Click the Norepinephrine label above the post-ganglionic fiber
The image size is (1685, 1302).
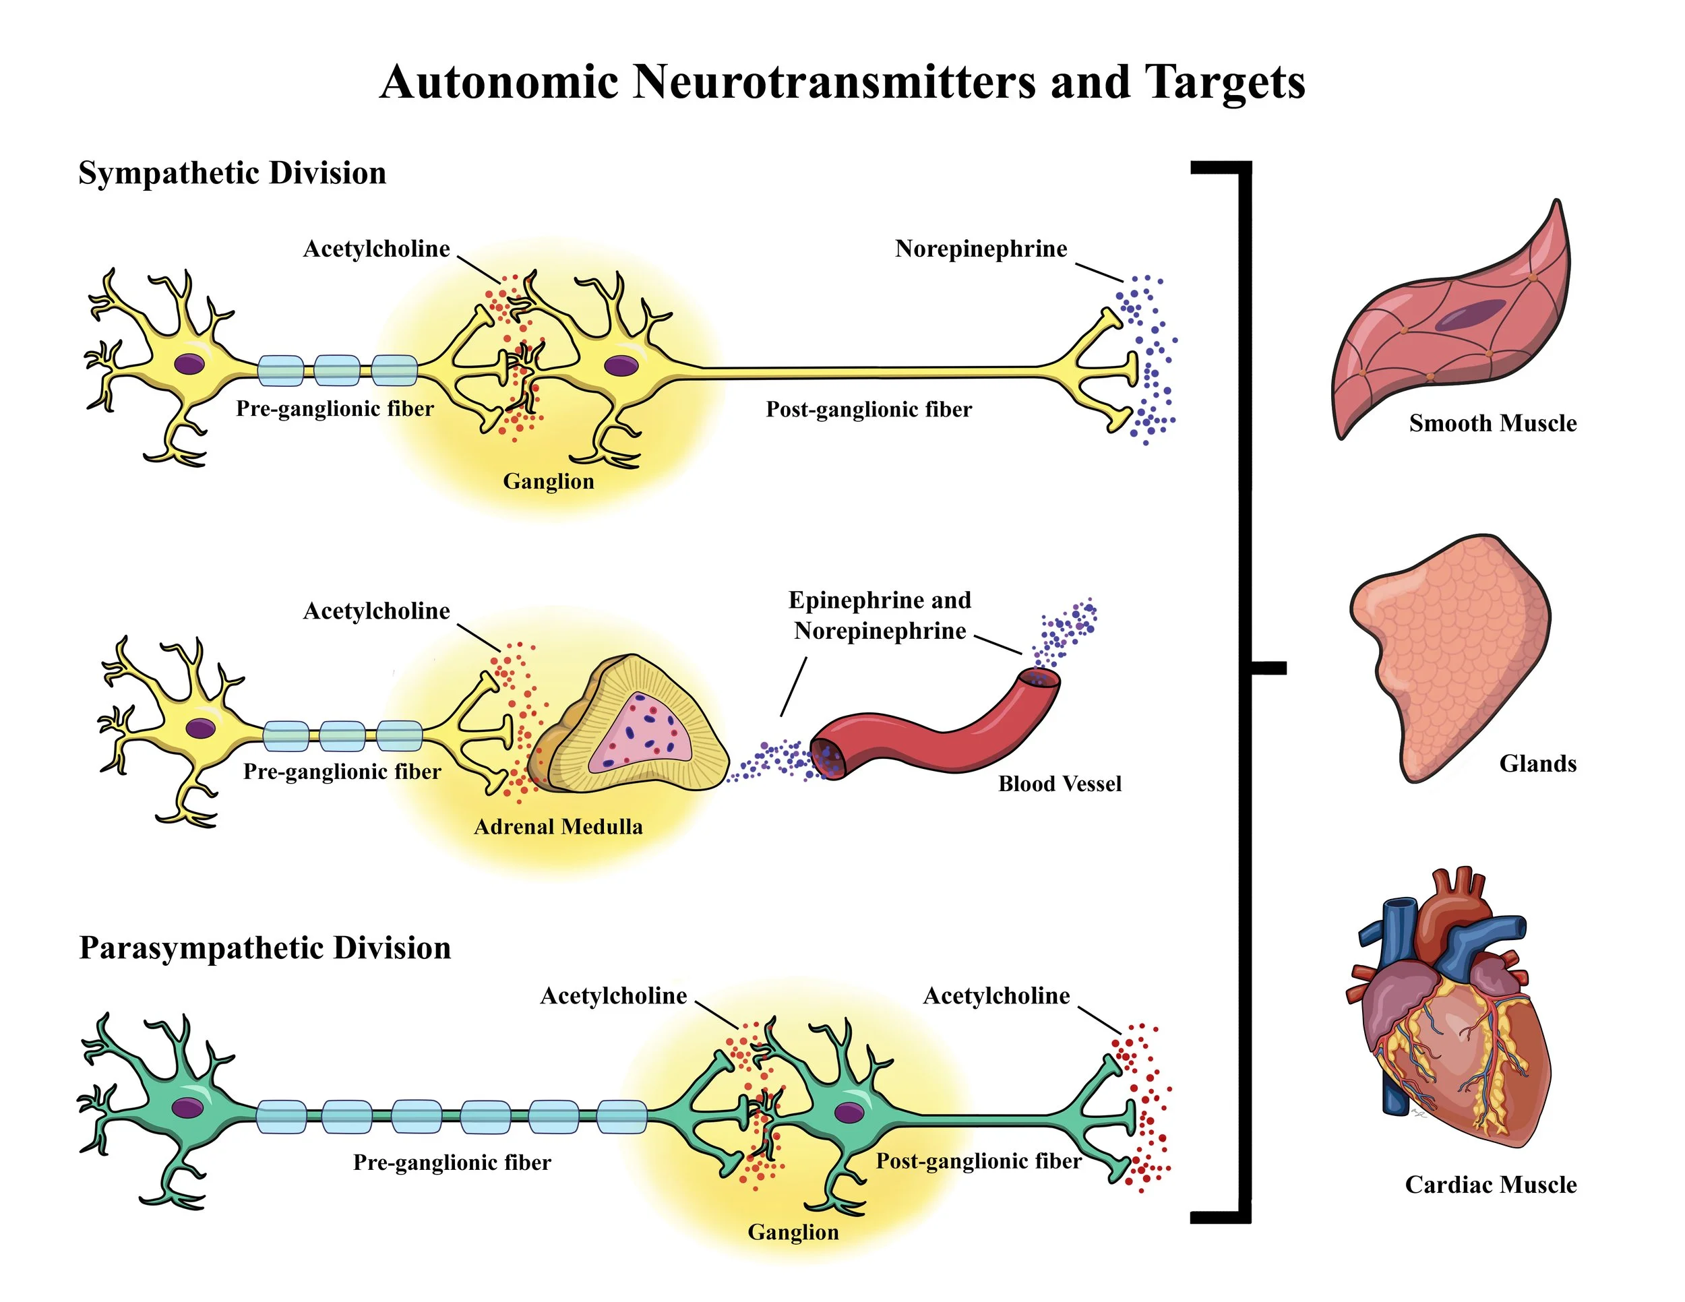click(x=981, y=249)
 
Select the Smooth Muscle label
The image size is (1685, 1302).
click(x=1492, y=423)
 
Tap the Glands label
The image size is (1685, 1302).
click(x=1537, y=764)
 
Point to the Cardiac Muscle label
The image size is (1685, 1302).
click(x=1491, y=1184)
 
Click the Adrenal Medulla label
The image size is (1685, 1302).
click(x=558, y=827)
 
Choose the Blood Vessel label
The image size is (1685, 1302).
click(x=1060, y=784)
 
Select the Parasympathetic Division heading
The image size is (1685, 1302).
click(x=265, y=948)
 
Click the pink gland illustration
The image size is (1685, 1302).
click(x=1450, y=656)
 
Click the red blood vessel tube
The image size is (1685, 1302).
click(x=942, y=733)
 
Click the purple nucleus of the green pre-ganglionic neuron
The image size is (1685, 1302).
click(x=187, y=1109)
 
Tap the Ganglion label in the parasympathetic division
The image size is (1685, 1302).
click(x=793, y=1232)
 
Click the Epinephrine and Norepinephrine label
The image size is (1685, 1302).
click(x=880, y=615)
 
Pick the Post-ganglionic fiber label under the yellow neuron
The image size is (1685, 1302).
click(x=869, y=410)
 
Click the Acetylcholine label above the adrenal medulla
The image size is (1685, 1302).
click(x=377, y=611)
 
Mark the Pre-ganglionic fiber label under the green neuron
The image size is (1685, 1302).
click(x=452, y=1162)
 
